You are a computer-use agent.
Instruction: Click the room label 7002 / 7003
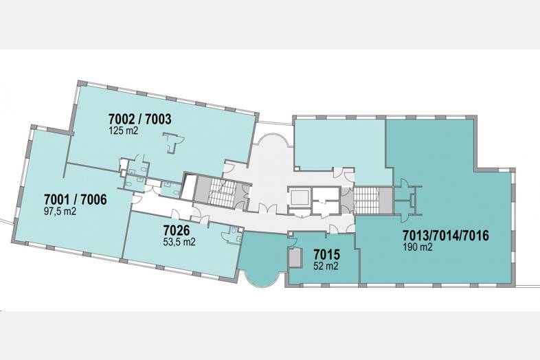coord(139,119)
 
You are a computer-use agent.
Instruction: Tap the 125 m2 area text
coord(123,131)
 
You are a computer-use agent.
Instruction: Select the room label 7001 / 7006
coord(76,199)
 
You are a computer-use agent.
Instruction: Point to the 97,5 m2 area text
coord(60,211)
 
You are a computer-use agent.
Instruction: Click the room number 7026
coord(177,229)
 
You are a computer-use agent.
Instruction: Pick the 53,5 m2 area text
coord(179,242)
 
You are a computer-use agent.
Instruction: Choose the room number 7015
coord(326,255)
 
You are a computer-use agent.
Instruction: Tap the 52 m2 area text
coord(326,266)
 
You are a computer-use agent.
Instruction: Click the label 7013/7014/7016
coord(446,236)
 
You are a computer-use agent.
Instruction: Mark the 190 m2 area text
coord(418,247)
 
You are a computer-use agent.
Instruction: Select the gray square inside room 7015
coord(295,258)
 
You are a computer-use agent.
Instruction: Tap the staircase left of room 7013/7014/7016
coord(366,200)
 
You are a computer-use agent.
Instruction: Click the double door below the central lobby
coord(268,208)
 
